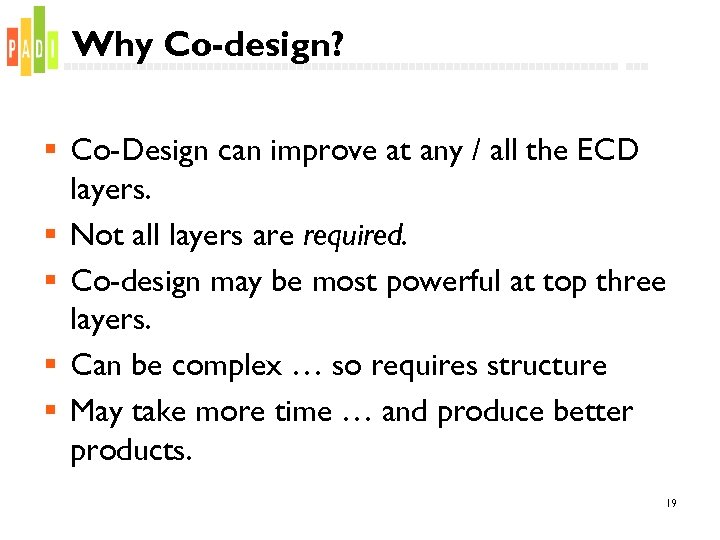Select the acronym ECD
tap(606, 151)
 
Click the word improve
tap(325, 152)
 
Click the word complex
tap(227, 366)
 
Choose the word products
tap(130, 451)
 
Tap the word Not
tap(95, 235)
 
